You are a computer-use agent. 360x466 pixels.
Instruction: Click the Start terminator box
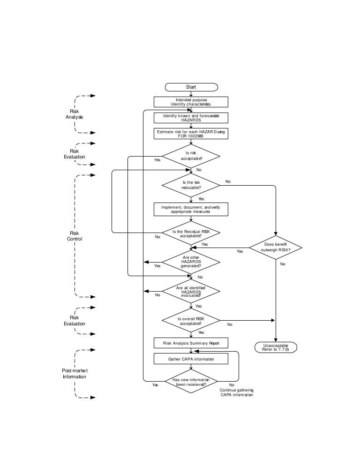point(191,87)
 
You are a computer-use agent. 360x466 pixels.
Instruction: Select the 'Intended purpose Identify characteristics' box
point(191,102)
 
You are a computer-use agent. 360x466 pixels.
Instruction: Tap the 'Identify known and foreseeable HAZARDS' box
point(191,117)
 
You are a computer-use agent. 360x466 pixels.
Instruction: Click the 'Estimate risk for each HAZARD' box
point(191,133)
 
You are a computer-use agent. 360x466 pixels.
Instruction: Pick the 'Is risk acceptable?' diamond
point(191,156)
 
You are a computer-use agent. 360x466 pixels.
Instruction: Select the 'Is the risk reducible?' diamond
point(191,185)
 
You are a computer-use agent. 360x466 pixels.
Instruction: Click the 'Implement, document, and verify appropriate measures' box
point(191,209)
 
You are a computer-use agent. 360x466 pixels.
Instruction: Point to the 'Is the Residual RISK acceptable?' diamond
point(191,233)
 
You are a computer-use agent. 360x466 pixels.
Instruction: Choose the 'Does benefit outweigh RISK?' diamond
point(275,247)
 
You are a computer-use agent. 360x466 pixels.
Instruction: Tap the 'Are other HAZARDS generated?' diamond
point(191,262)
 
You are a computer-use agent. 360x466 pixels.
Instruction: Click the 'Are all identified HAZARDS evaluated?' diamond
point(191,292)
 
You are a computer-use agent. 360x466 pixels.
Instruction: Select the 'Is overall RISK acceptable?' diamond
point(191,321)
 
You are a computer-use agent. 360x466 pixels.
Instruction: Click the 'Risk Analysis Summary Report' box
point(191,343)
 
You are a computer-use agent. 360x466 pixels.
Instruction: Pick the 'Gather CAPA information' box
point(191,359)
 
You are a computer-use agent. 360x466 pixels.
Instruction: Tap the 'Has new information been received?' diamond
point(191,382)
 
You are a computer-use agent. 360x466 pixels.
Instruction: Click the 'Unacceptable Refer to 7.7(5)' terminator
point(276,347)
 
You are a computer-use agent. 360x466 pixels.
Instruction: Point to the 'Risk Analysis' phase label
point(74,114)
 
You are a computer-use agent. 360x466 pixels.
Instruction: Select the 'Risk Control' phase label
point(74,236)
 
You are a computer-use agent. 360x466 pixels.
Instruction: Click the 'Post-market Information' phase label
point(74,374)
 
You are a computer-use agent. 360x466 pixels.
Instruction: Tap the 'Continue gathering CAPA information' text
point(237,392)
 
